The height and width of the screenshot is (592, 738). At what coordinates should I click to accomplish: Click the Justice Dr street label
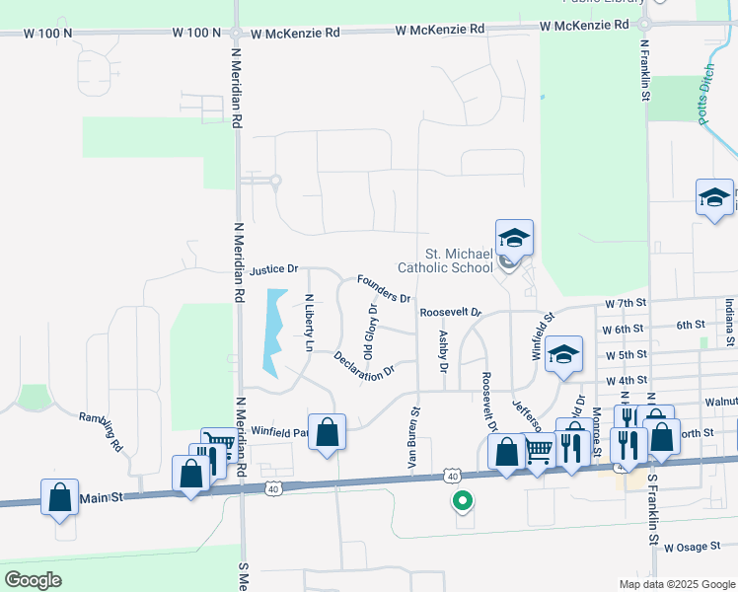[x=274, y=269]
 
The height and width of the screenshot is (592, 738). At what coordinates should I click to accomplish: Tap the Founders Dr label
[x=384, y=288]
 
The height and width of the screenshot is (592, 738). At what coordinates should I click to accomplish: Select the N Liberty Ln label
[x=309, y=324]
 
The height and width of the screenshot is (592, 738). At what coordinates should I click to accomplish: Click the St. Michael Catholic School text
[x=444, y=260]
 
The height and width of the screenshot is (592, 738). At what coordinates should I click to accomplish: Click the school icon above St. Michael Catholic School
[x=514, y=238]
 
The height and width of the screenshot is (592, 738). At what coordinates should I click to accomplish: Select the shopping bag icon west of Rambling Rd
[x=60, y=496]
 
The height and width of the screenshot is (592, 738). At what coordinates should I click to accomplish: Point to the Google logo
[x=34, y=580]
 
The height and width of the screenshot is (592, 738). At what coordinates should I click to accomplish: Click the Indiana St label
[x=729, y=325]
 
